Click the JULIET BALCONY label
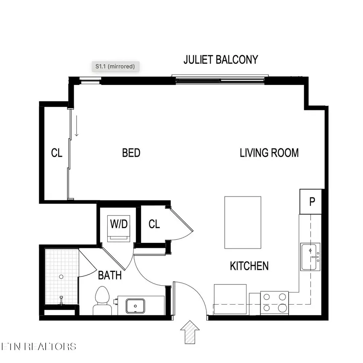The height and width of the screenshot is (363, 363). pyautogui.click(x=221, y=60)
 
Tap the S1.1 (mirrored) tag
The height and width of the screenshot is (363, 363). pyautogui.click(x=115, y=66)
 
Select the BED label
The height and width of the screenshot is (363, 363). pyautogui.click(x=131, y=153)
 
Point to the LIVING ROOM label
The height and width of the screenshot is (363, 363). pyautogui.click(x=269, y=153)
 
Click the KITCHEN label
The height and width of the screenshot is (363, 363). pyautogui.click(x=249, y=266)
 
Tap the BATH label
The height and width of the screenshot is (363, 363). pyautogui.click(x=110, y=276)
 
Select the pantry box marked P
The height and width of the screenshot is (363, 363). pyautogui.click(x=312, y=202)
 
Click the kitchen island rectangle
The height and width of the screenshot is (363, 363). pyautogui.click(x=242, y=222)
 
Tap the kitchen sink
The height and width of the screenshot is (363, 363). pyautogui.click(x=310, y=257)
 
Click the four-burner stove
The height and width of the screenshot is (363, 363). pyautogui.click(x=274, y=303)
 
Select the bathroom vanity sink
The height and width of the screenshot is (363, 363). pyautogui.click(x=136, y=306)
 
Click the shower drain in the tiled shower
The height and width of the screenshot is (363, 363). pyautogui.click(x=61, y=277)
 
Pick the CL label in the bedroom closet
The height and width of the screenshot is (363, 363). pyautogui.click(x=57, y=153)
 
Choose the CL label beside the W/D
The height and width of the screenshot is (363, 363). pyautogui.click(x=154, y=224)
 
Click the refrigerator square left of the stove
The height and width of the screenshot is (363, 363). pyautogui.click(x=230, y=299)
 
